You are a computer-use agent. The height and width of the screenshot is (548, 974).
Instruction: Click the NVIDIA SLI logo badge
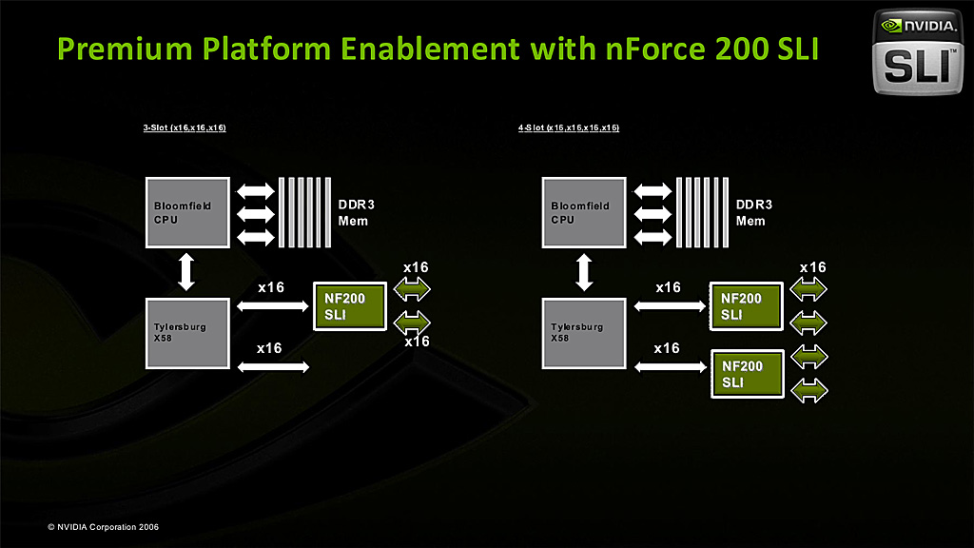pos(919,53)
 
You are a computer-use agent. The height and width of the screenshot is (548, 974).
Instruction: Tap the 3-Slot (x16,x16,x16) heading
pos(185,127)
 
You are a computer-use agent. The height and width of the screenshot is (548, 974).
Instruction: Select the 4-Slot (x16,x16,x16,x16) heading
pos(569,127)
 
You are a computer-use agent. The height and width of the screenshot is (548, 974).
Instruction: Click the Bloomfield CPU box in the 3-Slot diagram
pos(186,211)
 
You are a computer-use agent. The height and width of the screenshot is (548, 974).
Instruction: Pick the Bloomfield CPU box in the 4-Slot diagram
pos(584,211)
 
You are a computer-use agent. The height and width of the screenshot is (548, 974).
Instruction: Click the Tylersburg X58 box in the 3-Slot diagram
pos(186,333)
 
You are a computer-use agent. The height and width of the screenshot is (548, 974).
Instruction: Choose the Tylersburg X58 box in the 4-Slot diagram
pos(584,333)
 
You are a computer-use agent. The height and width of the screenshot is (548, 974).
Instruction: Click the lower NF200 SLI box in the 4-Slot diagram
pos(748,374)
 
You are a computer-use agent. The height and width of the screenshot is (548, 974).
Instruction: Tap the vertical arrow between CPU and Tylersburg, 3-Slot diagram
pos(186,271)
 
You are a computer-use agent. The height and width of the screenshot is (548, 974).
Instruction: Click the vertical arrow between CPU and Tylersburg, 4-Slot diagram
pos(584,271)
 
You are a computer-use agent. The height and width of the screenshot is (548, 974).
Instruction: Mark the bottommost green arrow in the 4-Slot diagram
pos(810,389)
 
